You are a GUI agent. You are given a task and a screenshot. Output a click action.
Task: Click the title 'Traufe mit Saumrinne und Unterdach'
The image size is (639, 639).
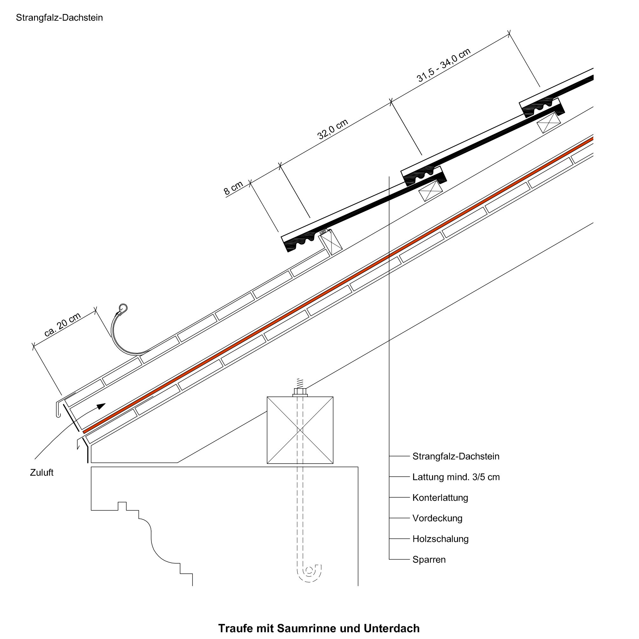(x=319, y=628)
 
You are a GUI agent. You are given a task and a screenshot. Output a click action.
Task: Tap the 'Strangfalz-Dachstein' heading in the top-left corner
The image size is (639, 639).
(x=60, y=18)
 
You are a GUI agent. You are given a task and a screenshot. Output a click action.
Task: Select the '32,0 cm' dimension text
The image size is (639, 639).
(x=333, y=129)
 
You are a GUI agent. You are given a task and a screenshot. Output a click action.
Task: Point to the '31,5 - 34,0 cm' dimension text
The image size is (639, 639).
(x=443, y=65)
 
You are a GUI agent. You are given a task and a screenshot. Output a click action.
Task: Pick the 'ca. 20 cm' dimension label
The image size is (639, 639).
(x=62, y=324)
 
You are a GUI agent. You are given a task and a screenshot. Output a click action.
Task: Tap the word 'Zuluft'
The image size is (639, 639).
(x=42, y=473)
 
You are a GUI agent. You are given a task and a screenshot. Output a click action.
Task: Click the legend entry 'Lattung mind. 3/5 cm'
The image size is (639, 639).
(x=456, y=477)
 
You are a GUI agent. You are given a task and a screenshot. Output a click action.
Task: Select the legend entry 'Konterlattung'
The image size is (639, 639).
(x=440, y=498)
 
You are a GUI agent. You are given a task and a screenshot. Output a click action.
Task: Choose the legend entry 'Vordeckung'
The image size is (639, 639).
(x=437, y=518)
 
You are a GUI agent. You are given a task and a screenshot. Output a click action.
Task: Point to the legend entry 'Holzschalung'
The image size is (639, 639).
(x=440, y=539)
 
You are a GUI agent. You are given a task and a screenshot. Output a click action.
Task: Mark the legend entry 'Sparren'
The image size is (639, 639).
(x=429, y=560)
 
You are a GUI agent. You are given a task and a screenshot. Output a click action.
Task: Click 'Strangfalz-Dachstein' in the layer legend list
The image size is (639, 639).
(x=456, y=456)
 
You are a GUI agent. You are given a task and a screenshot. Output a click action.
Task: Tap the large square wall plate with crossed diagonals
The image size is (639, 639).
(x=300, y=430)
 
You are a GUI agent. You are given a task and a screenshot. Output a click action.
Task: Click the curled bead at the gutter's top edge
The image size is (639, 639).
(x=123, y=308)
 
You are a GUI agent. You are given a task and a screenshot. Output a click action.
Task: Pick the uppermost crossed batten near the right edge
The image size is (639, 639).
(x=549, y=123)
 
